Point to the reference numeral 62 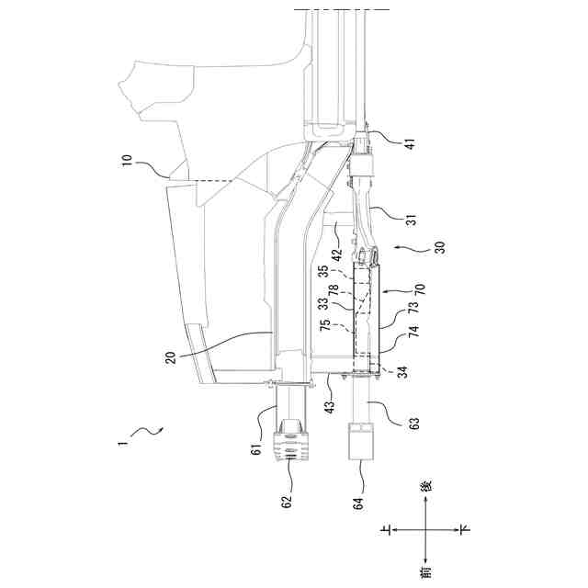(x=287, y=503)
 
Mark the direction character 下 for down (x=465, y=529)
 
